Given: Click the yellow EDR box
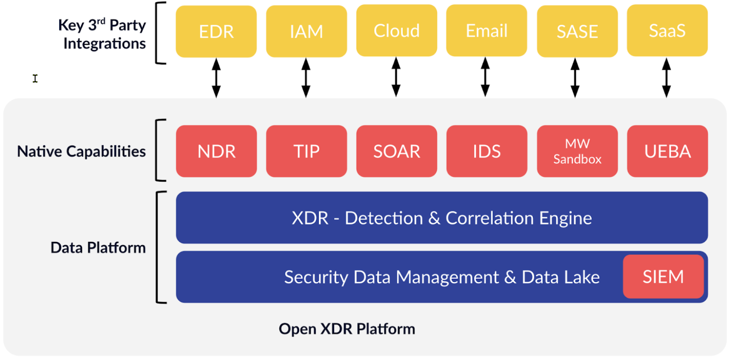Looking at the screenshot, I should click(x=216, y=31).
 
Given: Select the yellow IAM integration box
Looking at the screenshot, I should click(x=306, y=31).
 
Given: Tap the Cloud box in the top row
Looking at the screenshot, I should click(x=397, y=31).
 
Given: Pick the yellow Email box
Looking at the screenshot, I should click(x=487, y=31).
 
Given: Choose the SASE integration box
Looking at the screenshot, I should click(x=577, y=31).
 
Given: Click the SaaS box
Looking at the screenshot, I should click(x=667, y=31).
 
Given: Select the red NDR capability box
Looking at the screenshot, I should click(x=216, y=151).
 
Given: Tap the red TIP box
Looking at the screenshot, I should click(x=306, y=151).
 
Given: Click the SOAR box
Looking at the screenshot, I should click(x=397, y=151).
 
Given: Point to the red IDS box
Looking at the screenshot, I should click(x=487, y=151).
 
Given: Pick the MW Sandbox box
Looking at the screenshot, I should click(x=577, y=151).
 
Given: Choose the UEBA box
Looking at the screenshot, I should click(x=668, y=151).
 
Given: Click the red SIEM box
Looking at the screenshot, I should click(x=663, y=277).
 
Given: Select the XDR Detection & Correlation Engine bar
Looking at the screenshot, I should click(x=441, y=218).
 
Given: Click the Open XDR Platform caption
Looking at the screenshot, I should click(x=347, y=329).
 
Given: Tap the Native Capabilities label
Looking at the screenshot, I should click(x=81, y=151).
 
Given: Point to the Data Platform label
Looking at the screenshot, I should click(x=98, y=248).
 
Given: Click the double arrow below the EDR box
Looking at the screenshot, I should click(x=216, y=78).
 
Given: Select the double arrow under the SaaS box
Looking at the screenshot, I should click(x=666, y=78).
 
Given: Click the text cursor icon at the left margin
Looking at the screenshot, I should click(x=35, y=78).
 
